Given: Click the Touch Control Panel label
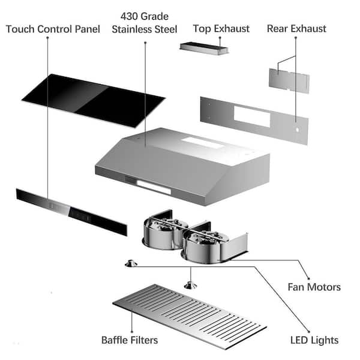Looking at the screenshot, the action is click(53, 29).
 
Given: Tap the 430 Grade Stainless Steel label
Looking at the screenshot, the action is click(145, 23).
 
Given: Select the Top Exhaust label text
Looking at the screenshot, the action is click(221, 29).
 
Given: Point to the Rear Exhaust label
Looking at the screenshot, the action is click(296, 29).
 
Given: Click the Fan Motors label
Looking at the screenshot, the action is click(314, 287).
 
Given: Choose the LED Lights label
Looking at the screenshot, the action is click(314, 340).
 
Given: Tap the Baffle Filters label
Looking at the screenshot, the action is click(130, 340).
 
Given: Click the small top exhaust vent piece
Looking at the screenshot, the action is click(204, 49).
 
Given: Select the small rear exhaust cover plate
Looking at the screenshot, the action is click(289, 80).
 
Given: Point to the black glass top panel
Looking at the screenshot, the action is click(94, 101).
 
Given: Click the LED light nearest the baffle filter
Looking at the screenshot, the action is click(190, 286).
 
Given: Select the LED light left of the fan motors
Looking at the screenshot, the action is click(131, 263).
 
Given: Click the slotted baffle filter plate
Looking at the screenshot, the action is click(190, 316).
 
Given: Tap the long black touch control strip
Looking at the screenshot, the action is click(71, 212).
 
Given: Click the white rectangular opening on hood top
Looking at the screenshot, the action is click(203, 143).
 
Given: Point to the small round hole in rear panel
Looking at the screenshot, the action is click(298, 130).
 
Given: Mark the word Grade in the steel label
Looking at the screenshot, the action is click(155, 17).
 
